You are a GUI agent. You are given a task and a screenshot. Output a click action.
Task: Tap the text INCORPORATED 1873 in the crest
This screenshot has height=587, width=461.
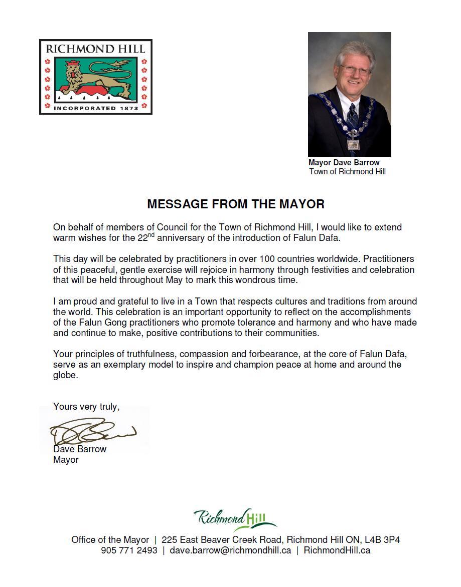pos(95,108)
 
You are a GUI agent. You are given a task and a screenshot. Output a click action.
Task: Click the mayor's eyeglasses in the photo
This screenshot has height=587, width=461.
pos(355,70)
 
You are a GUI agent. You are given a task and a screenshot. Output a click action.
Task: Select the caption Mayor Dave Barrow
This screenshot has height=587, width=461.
pos(344,163)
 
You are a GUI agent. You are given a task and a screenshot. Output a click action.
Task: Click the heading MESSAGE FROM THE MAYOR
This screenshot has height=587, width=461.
pos(236,204)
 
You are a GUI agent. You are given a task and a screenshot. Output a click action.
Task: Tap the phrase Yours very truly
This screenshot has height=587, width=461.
pos(86,407)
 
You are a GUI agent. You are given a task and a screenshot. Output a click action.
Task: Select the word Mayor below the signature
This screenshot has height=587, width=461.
pos(66,460)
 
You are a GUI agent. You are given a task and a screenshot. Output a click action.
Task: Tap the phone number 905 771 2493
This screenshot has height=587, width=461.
pos(129,550)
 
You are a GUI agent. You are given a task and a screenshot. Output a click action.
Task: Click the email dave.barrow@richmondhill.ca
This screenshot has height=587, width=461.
pos(230,550)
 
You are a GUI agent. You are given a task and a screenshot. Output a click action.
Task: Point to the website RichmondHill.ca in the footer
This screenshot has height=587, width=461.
pos(337,550)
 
